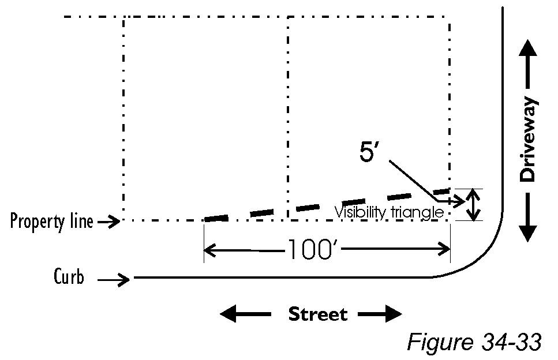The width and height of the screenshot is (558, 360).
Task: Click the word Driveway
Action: pos(529,141)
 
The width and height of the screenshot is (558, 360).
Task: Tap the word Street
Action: pos(318,314)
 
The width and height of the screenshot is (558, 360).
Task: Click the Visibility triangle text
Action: pos(389,213)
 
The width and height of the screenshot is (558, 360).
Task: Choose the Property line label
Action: pos(51,221)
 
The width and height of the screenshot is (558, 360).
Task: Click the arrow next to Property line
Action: pos(108,221)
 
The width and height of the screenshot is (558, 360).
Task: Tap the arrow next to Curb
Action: pos(115,280)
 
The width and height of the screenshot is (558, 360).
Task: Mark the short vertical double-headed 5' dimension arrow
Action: pos(473,205)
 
